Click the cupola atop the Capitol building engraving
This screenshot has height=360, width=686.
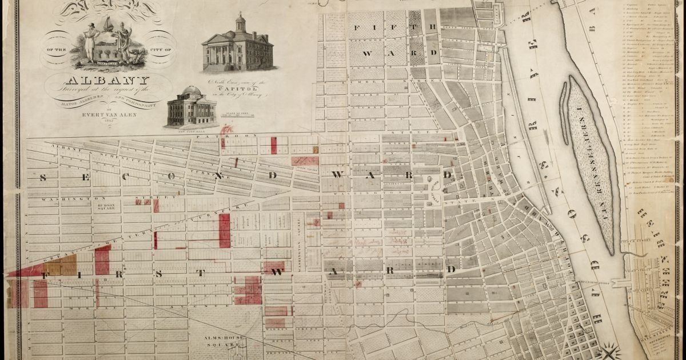tap(240, 22)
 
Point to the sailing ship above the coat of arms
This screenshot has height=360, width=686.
tap(107, 24)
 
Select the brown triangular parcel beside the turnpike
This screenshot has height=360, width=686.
tap(60, 266)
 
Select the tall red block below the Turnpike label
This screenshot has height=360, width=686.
tap(225, 230)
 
